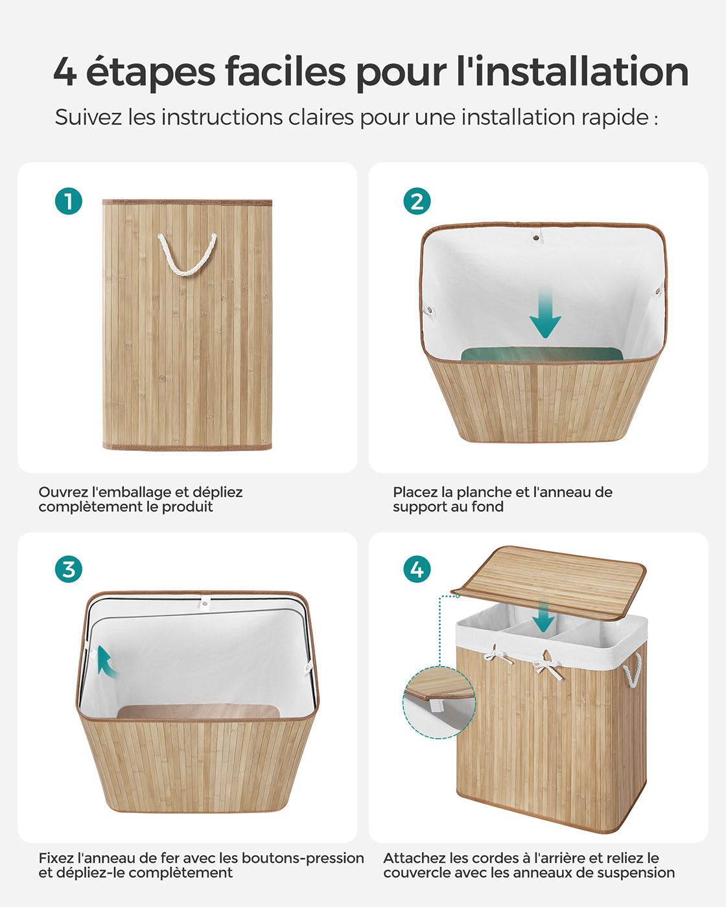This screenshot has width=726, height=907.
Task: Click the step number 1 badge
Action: click(x=68, y=201)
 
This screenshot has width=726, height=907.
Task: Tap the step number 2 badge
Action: click(x=417, y=201)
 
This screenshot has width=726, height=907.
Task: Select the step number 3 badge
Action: click(x=68, y=569)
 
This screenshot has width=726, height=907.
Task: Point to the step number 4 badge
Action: click(x=417, y=569)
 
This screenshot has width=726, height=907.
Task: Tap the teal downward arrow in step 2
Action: click(x=545, y=314)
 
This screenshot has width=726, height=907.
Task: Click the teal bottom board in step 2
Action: click(x=542, y=354)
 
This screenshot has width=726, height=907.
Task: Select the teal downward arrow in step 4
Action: click(x=543, y=617)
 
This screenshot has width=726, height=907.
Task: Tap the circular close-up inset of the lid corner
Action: click(x=439, y=702)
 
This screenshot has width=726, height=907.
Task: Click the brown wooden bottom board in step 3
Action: click(x=198, y=711)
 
